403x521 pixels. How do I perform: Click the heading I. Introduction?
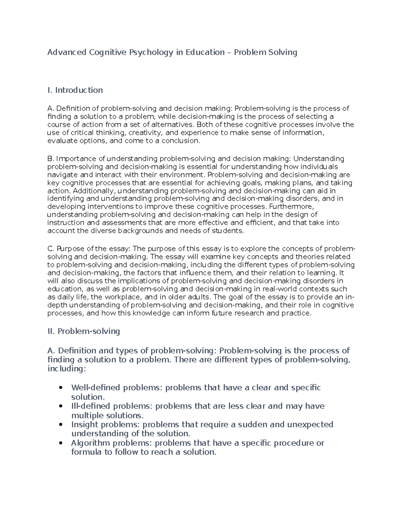[75, 90]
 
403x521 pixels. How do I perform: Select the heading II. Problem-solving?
[84, 331]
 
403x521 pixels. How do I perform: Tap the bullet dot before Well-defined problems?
[61, 388]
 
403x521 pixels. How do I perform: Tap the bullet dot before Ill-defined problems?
[61, 407]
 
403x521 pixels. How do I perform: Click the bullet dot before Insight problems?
[61, 425]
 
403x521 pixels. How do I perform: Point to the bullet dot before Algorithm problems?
[61, 444]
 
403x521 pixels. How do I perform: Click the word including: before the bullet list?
[66, 369]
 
